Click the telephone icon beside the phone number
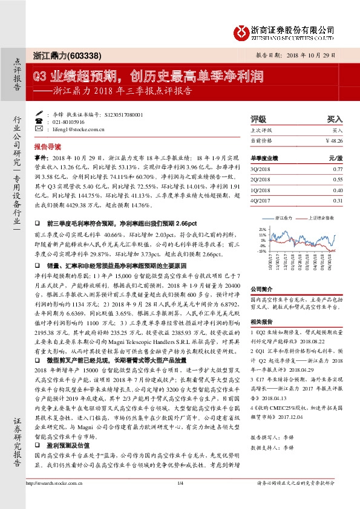[x=40, y=122]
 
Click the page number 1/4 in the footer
[x=180, y=499]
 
